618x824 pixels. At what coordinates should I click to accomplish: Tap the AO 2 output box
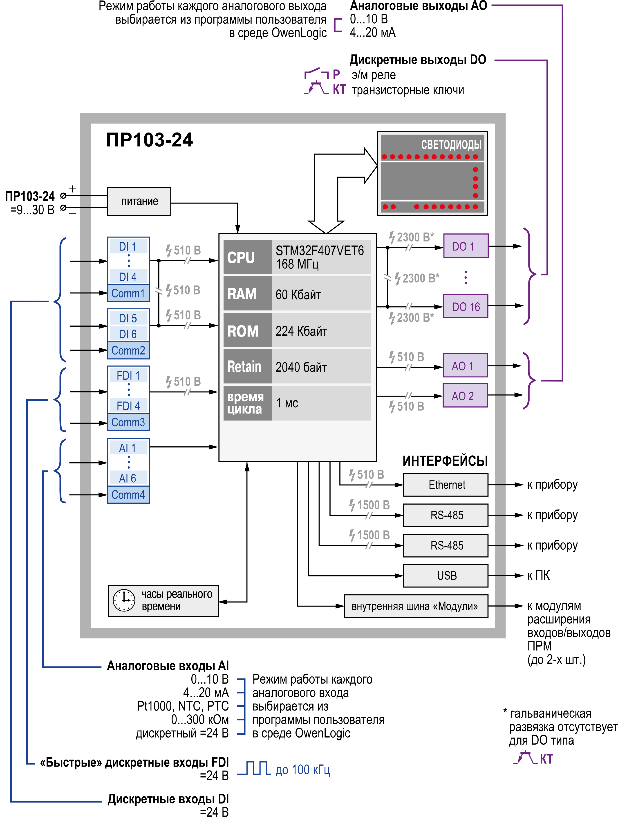[465, 396]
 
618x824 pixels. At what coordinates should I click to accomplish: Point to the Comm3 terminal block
[128, 422]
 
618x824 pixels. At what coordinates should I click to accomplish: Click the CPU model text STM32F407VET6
[320, 251]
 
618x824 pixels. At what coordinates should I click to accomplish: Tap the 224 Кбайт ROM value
[301, 331]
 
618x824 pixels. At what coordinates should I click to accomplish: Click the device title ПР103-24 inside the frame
[149, 140]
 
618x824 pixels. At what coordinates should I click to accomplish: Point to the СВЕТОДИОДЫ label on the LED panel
[451, 144]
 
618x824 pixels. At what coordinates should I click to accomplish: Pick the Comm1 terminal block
[128, 293]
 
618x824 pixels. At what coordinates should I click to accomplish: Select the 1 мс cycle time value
[287, 403]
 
